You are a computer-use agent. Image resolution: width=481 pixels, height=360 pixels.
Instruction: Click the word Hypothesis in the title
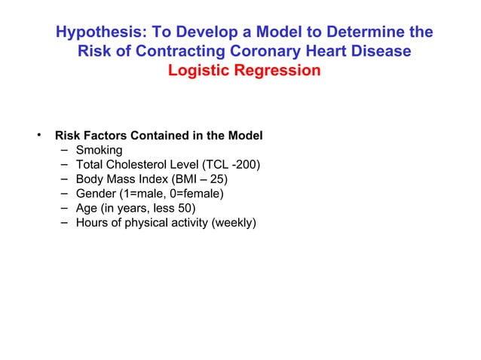[100, 32]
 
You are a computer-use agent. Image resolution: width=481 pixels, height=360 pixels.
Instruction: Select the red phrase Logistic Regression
[244, 71]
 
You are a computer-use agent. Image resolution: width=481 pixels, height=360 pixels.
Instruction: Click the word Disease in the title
[383, 52]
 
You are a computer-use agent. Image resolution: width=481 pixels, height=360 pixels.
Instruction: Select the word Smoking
[99, 151]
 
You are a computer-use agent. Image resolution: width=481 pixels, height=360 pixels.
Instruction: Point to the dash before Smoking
[62, 151]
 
